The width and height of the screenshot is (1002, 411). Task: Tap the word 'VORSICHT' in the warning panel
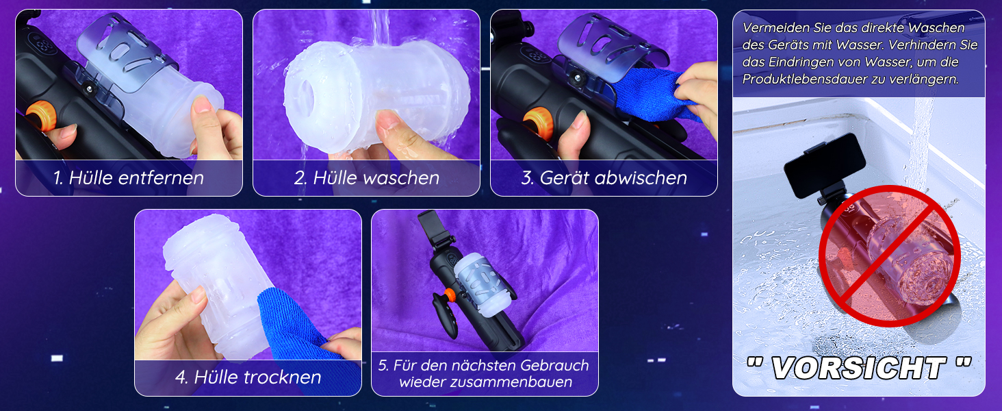click(x=859, y=368)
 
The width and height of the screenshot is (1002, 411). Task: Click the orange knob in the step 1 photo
click(x=39, y=116)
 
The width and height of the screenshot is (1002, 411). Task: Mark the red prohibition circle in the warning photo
click(x=889, y=256)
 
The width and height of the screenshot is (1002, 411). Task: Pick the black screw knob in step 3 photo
click(x=577, y=79)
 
